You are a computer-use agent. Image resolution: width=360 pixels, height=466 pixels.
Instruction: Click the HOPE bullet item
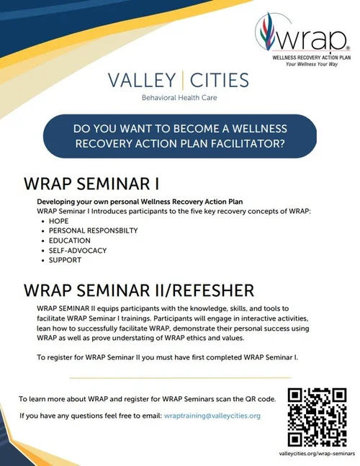58,220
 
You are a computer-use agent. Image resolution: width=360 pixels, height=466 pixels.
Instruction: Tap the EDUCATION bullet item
69,241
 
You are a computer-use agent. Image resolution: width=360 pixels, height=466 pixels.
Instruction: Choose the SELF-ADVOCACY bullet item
77,251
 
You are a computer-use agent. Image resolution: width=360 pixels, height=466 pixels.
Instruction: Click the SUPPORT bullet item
65,261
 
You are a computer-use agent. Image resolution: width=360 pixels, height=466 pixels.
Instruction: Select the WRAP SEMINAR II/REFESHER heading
138,290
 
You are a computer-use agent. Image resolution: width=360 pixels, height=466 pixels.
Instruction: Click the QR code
317,416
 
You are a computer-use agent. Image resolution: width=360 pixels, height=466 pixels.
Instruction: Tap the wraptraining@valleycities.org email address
212,416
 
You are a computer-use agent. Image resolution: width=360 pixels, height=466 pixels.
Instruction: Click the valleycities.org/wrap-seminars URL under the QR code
317,454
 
